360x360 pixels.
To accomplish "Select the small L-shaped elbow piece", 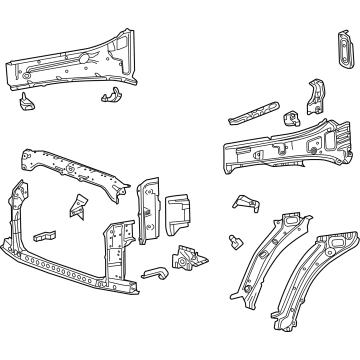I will click(155, 272).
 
